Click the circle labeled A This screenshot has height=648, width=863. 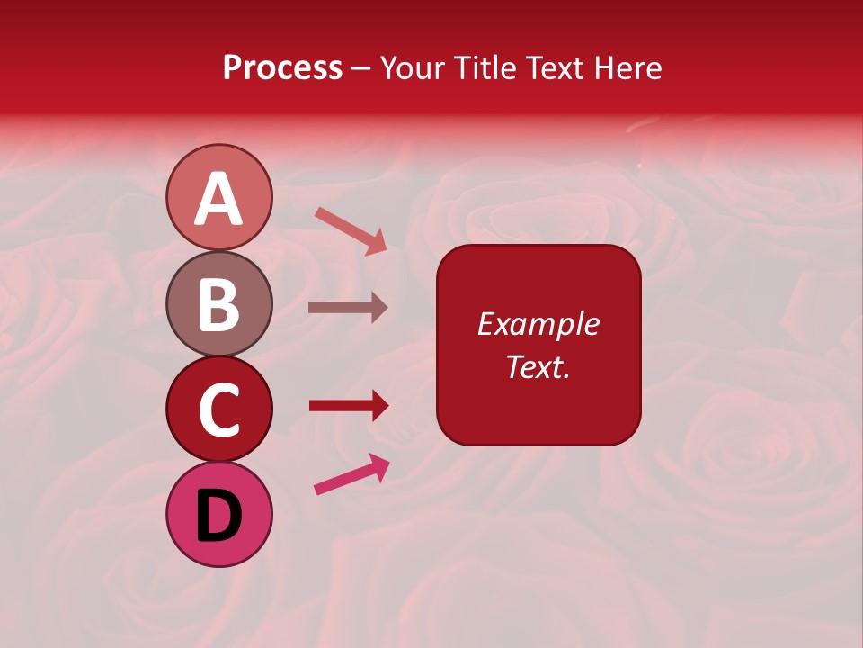(218, 197)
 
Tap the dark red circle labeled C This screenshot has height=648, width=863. (218, 409)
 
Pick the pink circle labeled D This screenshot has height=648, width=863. (218, 515)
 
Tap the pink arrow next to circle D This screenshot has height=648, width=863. (351, 474)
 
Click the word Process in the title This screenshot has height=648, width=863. (282, 68)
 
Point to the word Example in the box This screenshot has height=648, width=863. (538, 324)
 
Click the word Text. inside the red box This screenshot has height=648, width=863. (538, 366)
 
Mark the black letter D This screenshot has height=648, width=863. (218, 516)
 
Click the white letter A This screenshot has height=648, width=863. (218, 198)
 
